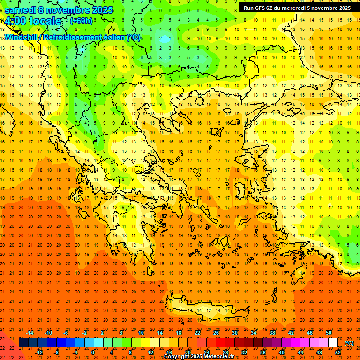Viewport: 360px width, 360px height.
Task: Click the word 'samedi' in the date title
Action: [x=20, y=10]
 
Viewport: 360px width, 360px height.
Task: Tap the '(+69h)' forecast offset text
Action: [x=81, y=21]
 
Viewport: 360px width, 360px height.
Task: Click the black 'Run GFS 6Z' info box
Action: [x=297, y=8]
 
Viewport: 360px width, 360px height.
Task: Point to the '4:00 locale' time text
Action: [x=33, y=22]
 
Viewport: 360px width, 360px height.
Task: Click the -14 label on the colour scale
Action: [x=30, y=333]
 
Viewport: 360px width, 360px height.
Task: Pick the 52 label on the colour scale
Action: [x=338, y=352]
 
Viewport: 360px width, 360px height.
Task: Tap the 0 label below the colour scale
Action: [x=93, y=352]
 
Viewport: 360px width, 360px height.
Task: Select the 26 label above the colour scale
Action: [x=216, y=333]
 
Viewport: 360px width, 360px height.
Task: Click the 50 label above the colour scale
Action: [x=329, y=333]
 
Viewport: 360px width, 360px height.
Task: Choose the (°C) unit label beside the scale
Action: [x=349, y=343]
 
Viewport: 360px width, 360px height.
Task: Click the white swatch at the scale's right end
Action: [x=333, y=343]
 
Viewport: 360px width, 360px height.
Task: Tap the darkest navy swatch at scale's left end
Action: [x=24, y=343]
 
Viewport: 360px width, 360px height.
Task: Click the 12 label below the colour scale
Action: [x=150, y=352]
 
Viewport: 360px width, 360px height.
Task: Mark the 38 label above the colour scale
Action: [x=272, y=333]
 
